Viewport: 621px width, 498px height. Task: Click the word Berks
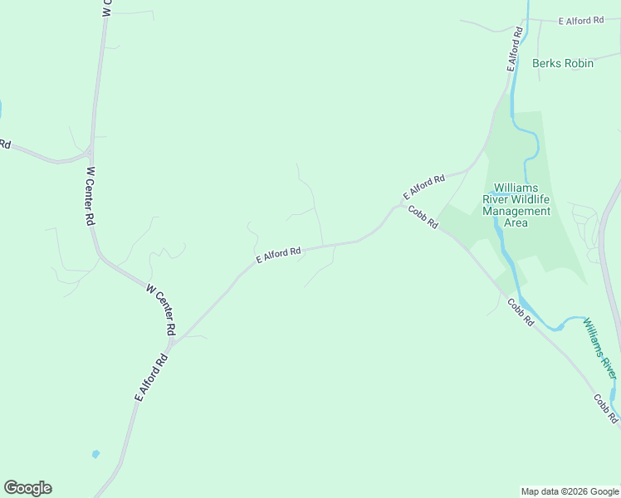[x=547, y=63]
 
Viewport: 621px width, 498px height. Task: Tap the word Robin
[x=579, y=63]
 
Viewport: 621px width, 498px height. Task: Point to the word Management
[x=516, y=211]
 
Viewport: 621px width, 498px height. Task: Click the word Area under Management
[x=516, y=222]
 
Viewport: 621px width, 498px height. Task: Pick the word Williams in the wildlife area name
[x=516, y=188]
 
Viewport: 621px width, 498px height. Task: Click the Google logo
[x=27, y=488]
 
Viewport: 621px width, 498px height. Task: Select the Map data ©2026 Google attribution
[x=569, y=491]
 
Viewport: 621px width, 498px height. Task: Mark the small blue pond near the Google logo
[x=95, y=454]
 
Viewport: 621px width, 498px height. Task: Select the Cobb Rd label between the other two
[x=521, y=311]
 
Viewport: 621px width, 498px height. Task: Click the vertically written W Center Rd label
[x=90, y=197]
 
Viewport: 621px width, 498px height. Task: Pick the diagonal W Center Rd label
[x=160, y=309]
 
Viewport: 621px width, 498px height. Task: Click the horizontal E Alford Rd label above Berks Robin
[x=580, y=20]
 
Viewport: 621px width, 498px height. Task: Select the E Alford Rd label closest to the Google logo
[x=151, y=378]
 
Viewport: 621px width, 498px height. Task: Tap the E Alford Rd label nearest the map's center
[x=277, y=253]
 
